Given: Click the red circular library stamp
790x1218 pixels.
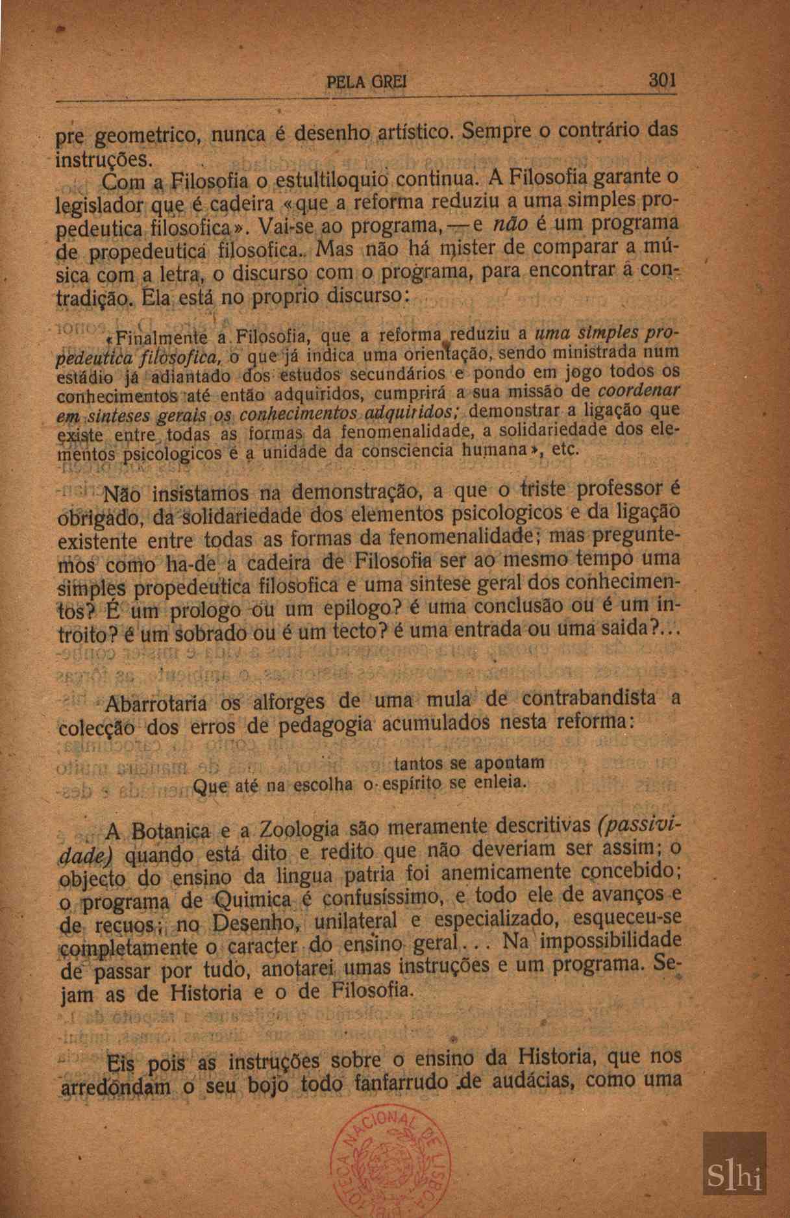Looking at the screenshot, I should (383, 1160).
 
